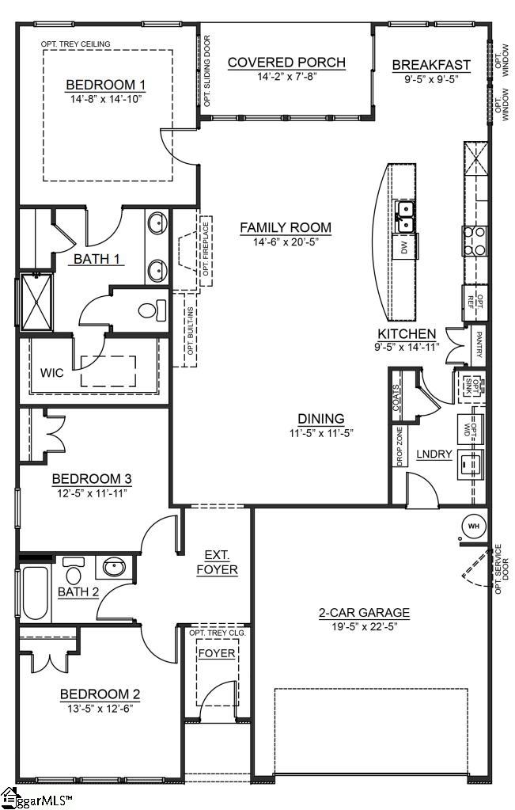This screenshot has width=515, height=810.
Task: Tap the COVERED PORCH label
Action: point(286,63)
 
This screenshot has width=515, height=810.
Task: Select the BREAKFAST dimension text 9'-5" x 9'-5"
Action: point(431,78)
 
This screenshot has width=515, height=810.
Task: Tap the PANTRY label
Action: point(479,344)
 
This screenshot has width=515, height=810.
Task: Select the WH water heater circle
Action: point(474,526)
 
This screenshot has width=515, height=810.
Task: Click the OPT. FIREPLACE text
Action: point(205,253)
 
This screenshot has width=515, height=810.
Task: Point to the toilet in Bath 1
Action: point(153,310)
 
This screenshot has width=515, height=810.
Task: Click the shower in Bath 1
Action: point(36,301)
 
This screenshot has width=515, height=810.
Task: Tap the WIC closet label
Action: point(51,372)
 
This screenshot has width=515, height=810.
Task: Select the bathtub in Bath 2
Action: point(36,594)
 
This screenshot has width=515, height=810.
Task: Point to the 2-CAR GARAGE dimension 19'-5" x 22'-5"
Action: point(364,626)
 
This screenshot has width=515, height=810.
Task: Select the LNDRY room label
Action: point(434,454)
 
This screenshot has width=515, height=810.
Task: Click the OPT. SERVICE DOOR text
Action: point(498,569)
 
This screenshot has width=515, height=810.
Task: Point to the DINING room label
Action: point(320,419)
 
